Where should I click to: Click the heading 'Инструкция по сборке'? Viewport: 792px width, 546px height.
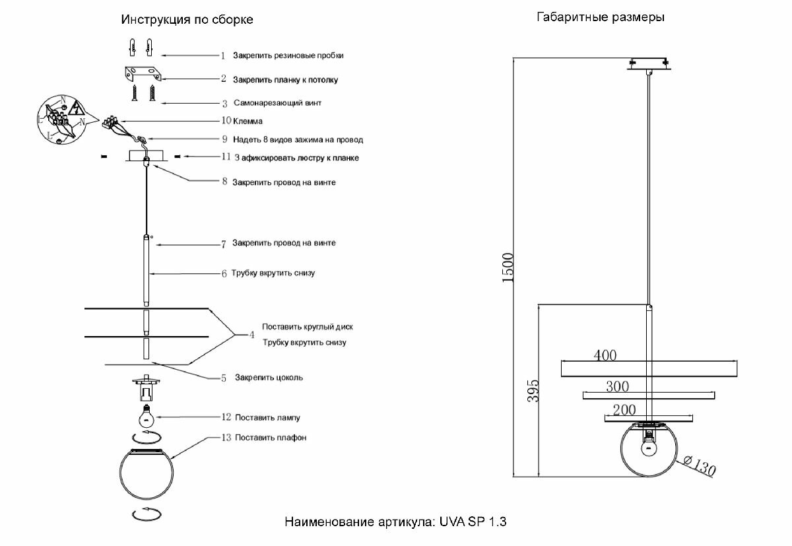pyautogui.click(x=187, y=20)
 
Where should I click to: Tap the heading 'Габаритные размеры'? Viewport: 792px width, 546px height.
pyautogui.click(x=600, y=18)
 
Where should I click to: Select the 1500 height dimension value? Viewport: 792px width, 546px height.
pyautogui.click(x=508, y=268)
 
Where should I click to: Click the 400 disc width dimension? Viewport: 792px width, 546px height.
pyautogui.click(x=605, y=355)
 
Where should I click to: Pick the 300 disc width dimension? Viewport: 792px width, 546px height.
pyautogui.click(x=617, y=386)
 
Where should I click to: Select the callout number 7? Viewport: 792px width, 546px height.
pyautogui.click(x=224, y=244)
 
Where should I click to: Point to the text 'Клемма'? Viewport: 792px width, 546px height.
pyautogui.click(x=247, y=121)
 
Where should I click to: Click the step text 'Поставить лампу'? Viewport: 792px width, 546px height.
pyautogui.click(x=267, y=418)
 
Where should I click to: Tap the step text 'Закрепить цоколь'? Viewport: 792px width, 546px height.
pyautogui.click(x=269, y=378)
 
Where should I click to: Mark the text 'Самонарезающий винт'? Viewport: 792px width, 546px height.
pyautogui.click(x=277, y=104)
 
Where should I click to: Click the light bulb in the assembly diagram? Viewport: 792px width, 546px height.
pyautogui.click(x=145, y=417)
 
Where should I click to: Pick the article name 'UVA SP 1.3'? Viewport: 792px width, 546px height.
pyautogui.click(x=473, y=522)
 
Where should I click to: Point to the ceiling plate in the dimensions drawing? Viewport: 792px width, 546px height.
pyautogui.click(x=649, y=64)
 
